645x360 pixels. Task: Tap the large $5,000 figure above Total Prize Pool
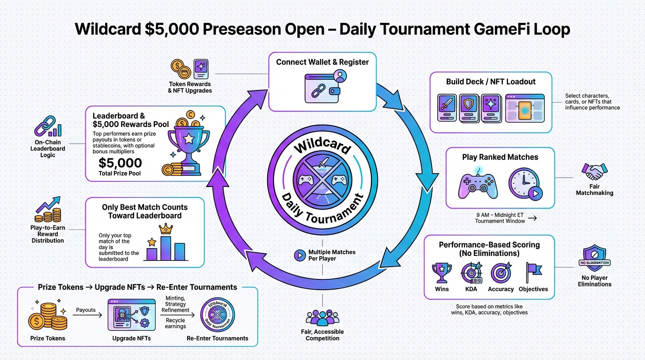(120, 163)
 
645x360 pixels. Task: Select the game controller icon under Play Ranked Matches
(478, 184)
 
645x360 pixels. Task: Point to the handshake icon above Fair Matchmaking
(594, 172)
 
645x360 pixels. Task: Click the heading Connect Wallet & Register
(322, 62)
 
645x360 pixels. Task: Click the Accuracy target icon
(500, 272)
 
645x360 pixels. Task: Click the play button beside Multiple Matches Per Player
(299, 255)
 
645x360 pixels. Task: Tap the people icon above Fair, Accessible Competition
(322, 318)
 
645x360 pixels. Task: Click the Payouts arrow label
(86, 310)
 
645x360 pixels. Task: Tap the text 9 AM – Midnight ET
(500, 215)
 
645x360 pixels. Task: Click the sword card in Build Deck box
(447, 108)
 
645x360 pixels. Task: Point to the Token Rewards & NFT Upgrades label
(190, 87)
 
